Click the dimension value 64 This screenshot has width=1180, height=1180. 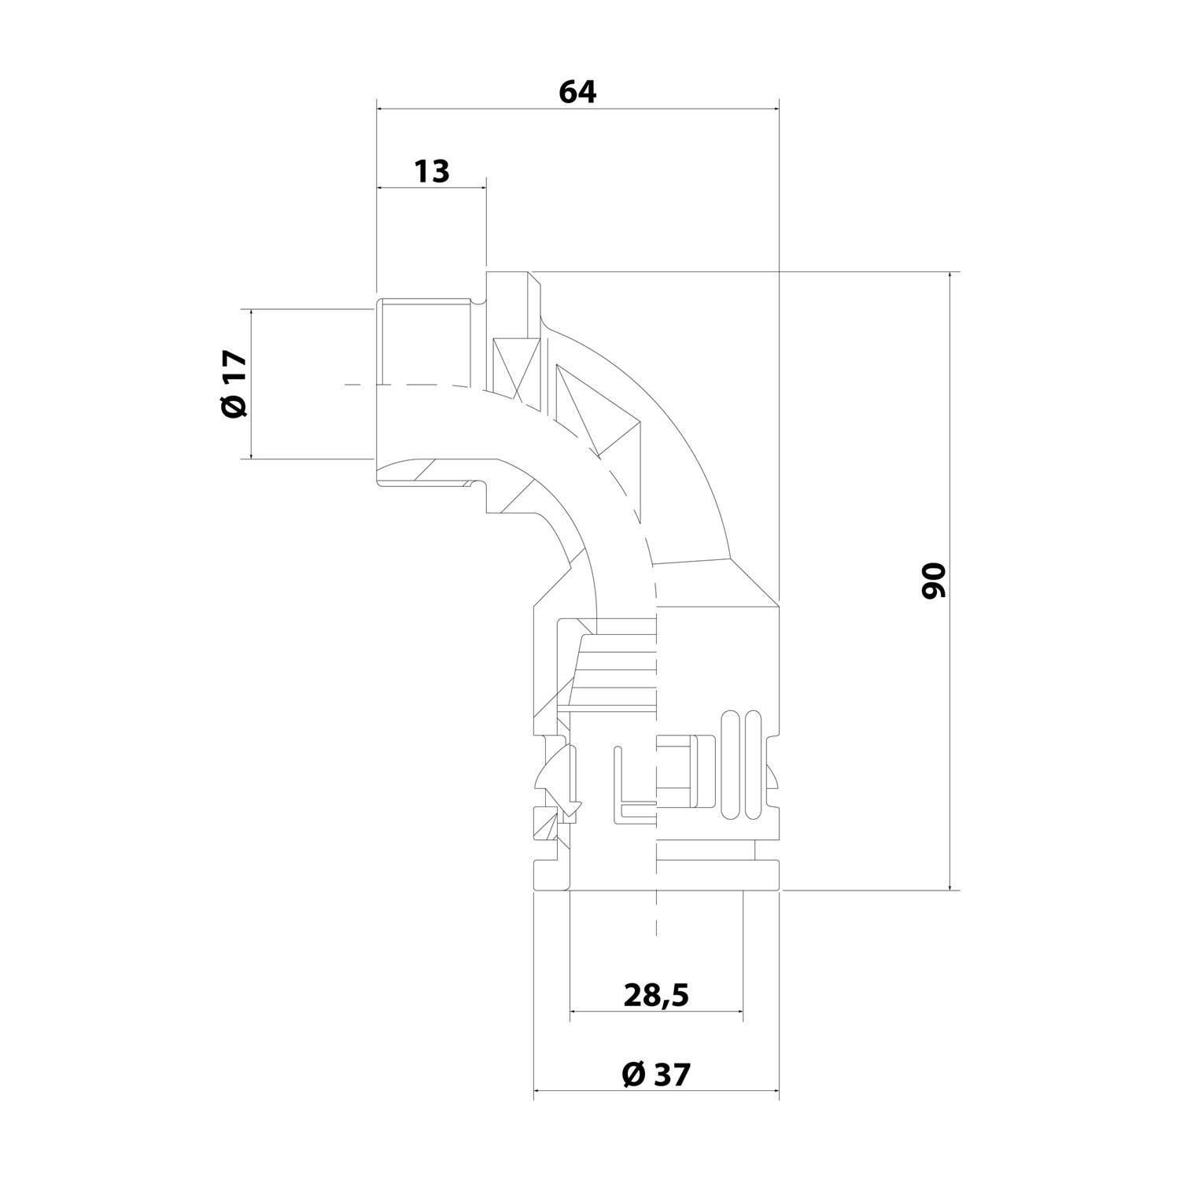click(577, 92)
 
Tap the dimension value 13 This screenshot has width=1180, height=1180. click(432, 171)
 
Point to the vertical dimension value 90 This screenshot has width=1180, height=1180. click(933, 581)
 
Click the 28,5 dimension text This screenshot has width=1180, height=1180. click(656, 995)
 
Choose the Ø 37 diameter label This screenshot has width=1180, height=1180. click(655, 1074)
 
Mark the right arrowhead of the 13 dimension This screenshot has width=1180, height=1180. click(481, 188)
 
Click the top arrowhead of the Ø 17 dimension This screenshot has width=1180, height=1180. click(252, 315)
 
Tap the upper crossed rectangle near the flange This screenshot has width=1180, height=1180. click(515, 368)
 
